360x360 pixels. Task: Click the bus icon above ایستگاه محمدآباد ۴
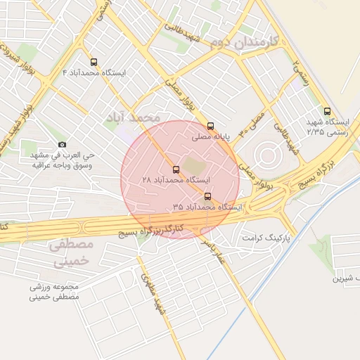[x=94, y=62]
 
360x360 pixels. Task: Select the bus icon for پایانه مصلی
[x=210, y=127]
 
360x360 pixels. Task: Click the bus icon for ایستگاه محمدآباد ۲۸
[x=176, y=169]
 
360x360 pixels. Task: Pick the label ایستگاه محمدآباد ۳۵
[x=207, y=207]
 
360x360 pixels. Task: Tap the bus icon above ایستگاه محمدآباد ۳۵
[x=207, y=196]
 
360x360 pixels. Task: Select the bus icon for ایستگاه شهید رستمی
[x=326, y=111]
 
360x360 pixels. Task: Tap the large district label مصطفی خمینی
[x=73, y=253]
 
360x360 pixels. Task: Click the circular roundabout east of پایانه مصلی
[x=267, y=155]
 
